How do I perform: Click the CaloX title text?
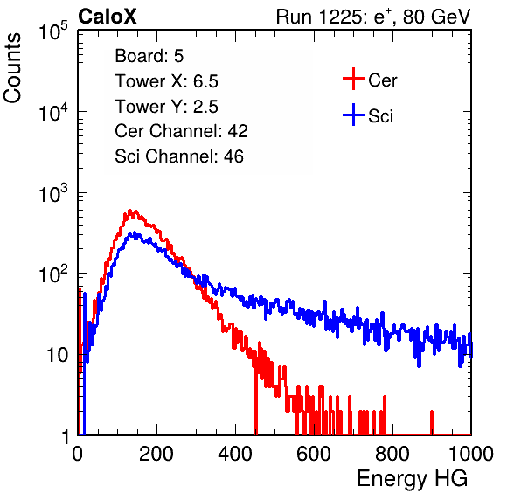107,17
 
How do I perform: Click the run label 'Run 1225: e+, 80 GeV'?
373,17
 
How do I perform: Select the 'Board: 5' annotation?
149,56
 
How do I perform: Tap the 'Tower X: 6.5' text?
166,81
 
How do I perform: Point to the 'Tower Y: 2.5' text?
166,107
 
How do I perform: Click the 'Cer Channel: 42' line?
182,131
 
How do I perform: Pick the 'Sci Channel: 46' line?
179,156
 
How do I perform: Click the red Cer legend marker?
353,79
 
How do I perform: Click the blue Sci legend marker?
353,115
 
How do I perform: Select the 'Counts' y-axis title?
12,68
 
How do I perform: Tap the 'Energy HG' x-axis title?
412,479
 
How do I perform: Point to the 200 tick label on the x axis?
156,454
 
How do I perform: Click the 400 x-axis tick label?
235,454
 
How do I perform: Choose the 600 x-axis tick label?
314,454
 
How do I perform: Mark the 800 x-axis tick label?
392,454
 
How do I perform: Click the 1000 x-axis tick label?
471,454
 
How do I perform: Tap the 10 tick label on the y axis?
58,355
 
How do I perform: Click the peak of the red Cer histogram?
130,211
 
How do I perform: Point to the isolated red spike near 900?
432,422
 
